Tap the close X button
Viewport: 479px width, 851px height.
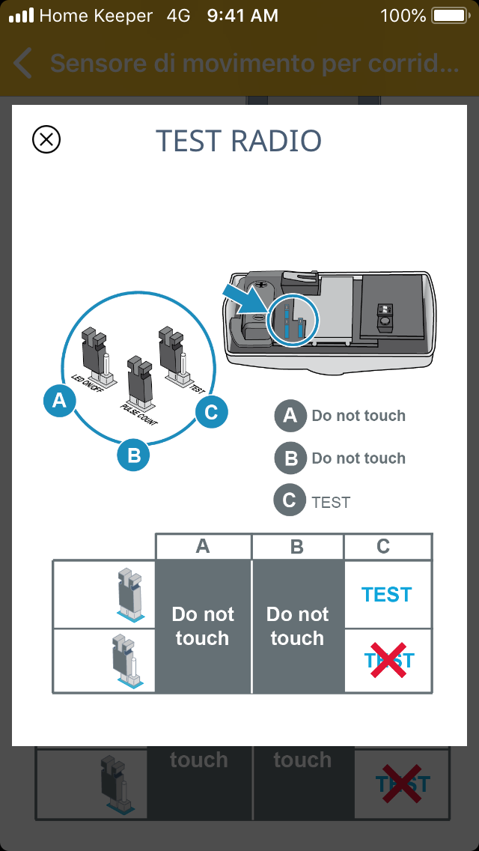(x=46, y=139)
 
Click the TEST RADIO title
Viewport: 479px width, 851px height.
(x=239, y=141)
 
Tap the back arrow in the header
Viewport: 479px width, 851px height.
(x=23, y=64)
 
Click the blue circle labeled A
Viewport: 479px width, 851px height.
(x=59, y=402)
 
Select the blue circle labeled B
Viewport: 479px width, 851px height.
(x=134, y=455)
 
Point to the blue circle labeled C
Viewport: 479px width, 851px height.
(x=210, y=411)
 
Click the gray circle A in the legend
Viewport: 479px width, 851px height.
(x=290, y=416)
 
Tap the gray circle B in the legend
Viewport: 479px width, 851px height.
(x=290, y=458)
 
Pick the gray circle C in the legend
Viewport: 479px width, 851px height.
(x=290, y=501)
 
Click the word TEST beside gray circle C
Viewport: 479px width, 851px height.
(x=331, y=503)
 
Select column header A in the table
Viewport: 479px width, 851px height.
(x=203, y=547)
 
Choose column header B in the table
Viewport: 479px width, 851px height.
(x=297, y=547)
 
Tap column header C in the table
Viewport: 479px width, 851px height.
(x=383, y=547)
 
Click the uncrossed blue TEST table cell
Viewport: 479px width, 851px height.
(x=387, y=595)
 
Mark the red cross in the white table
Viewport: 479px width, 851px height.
(x=388, y=660)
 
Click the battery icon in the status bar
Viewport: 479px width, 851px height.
(x=449, y=15)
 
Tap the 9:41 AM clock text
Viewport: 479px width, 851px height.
(x=242, y=15)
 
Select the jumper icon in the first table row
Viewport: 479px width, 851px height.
(x=129, y=595)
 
